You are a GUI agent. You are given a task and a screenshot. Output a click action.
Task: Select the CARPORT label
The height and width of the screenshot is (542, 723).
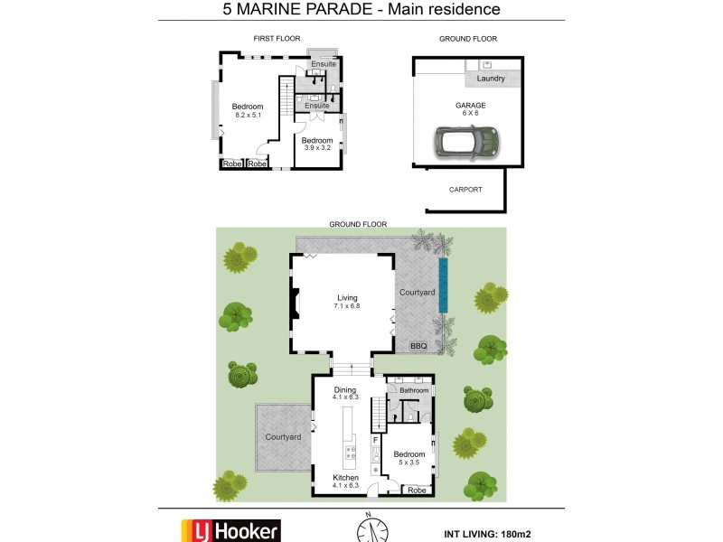[x=465, y=190]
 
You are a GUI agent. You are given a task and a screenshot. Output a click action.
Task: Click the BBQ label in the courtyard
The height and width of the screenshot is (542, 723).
[x=418, y=346]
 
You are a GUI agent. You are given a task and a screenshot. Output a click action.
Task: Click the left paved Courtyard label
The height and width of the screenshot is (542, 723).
[x=283, y=437]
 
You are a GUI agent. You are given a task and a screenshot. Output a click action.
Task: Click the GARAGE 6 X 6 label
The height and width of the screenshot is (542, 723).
[x=470, y=109]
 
